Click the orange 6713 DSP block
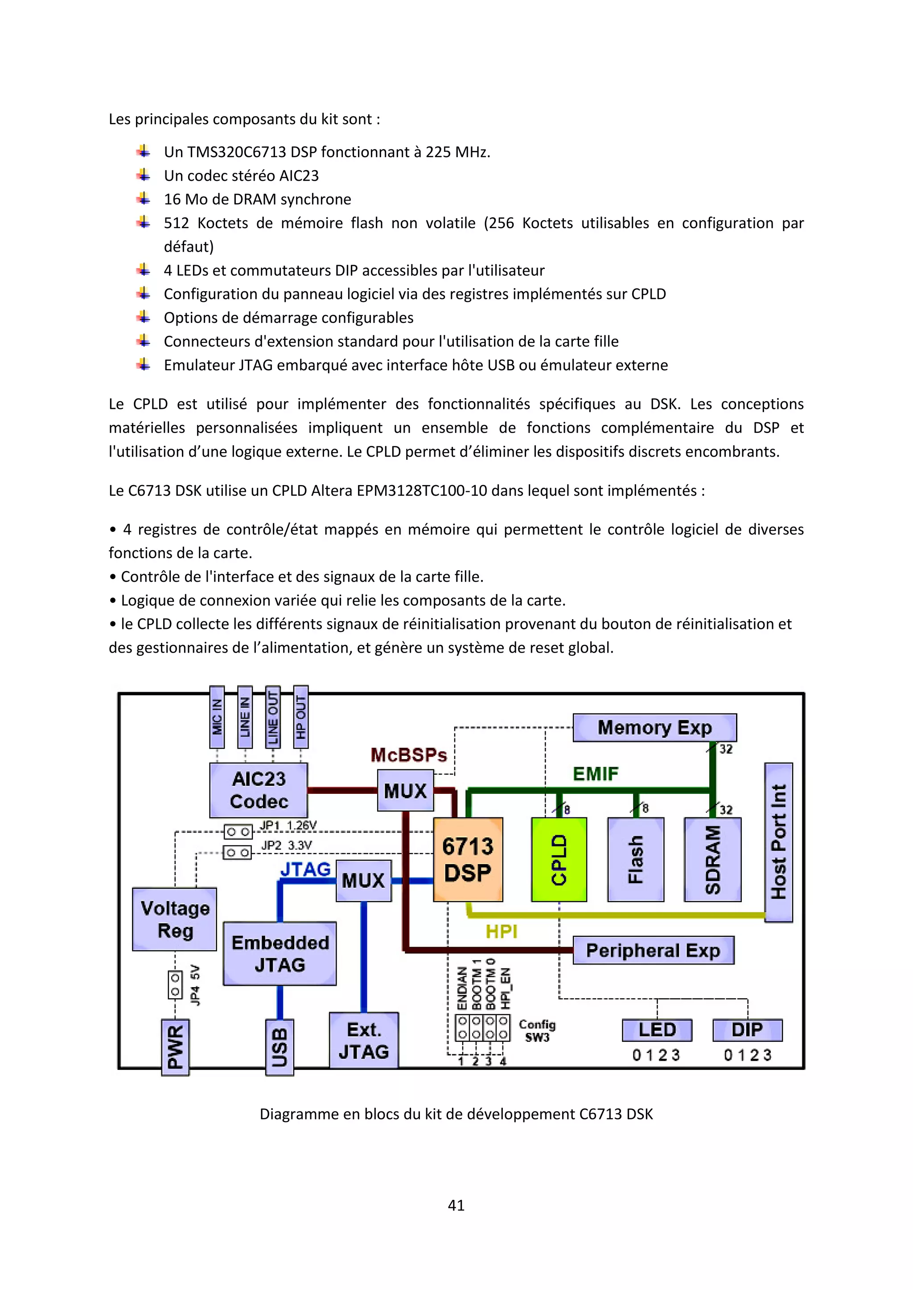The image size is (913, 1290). (468, 859)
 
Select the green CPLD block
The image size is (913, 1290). (559, 859)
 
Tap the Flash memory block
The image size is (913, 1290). (635, 859)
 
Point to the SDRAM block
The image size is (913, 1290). (712, 859)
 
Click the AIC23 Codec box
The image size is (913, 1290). (259, 789)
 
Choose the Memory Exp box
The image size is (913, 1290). (654, 727)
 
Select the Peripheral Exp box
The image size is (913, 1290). (653, 950)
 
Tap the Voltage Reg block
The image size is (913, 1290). (175, 919)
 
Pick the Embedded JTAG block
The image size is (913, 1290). (280, 953)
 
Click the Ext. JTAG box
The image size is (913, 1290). (364, 1041)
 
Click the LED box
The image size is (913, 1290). (657, 1030)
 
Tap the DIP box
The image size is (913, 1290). (747, 1030)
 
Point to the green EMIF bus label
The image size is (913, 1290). (595, 774)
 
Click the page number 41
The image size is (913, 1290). (456, 1205)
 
